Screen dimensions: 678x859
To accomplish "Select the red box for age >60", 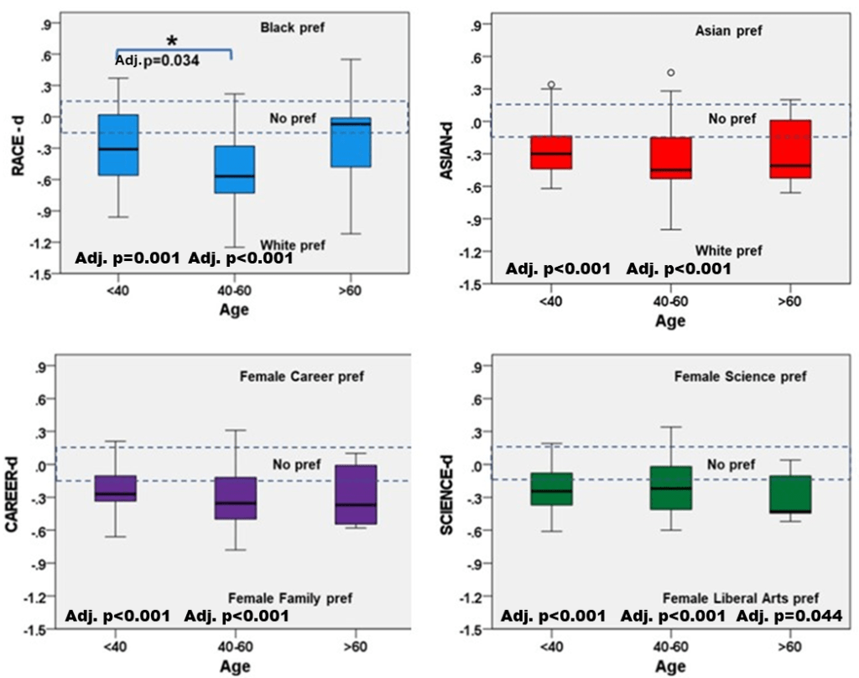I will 791,149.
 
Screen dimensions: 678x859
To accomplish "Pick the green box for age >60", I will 791,494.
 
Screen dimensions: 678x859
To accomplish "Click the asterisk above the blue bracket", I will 172,41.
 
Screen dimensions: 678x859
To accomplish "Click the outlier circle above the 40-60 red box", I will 670,73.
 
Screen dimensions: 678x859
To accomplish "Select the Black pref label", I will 291,27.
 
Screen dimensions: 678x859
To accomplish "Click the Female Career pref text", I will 303,377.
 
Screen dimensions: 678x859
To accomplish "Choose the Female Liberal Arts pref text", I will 741,598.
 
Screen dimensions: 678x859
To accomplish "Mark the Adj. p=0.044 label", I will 789,617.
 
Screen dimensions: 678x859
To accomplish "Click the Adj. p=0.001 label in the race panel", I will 128,258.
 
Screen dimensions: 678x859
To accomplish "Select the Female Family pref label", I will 290,598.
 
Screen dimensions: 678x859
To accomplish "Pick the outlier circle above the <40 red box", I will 551,85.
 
